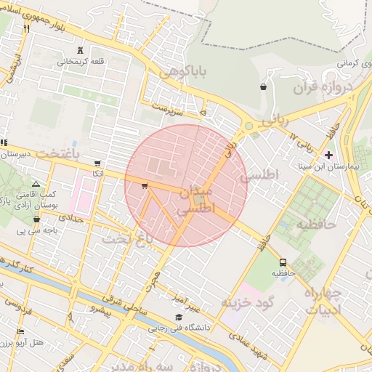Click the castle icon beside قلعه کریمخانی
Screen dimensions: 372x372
[80, 51]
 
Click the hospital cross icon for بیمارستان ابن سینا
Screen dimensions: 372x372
[329, 155]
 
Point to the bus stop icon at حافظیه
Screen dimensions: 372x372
[282, 262]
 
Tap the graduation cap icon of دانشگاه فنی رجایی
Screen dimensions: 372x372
[179, 317]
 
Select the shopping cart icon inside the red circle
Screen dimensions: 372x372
[145, 186]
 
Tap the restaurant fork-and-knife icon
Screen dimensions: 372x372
[26, 29]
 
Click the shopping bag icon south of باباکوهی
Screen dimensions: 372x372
[262, 87]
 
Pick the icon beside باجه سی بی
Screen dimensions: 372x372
[36, 219]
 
